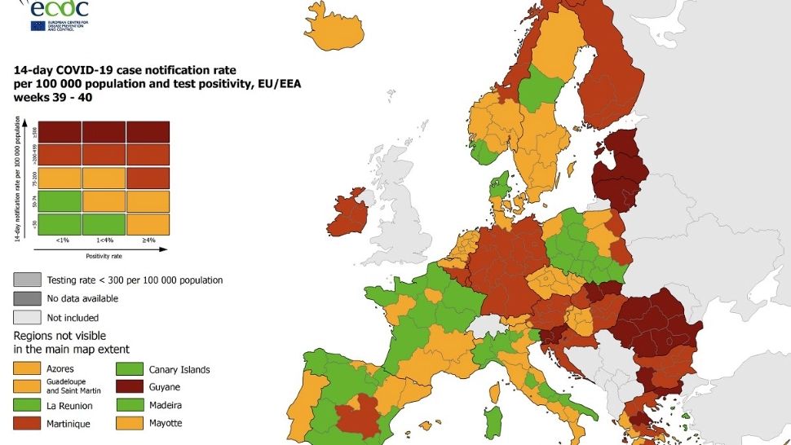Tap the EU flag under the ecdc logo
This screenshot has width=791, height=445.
[38, 25]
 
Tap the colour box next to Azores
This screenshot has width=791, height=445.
[26, 369]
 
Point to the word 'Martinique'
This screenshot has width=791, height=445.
[69, 423]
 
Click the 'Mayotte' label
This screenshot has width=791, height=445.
[166, 423]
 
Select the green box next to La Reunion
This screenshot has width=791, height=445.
[26, 405]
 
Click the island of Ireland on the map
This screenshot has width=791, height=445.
[352, 214]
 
